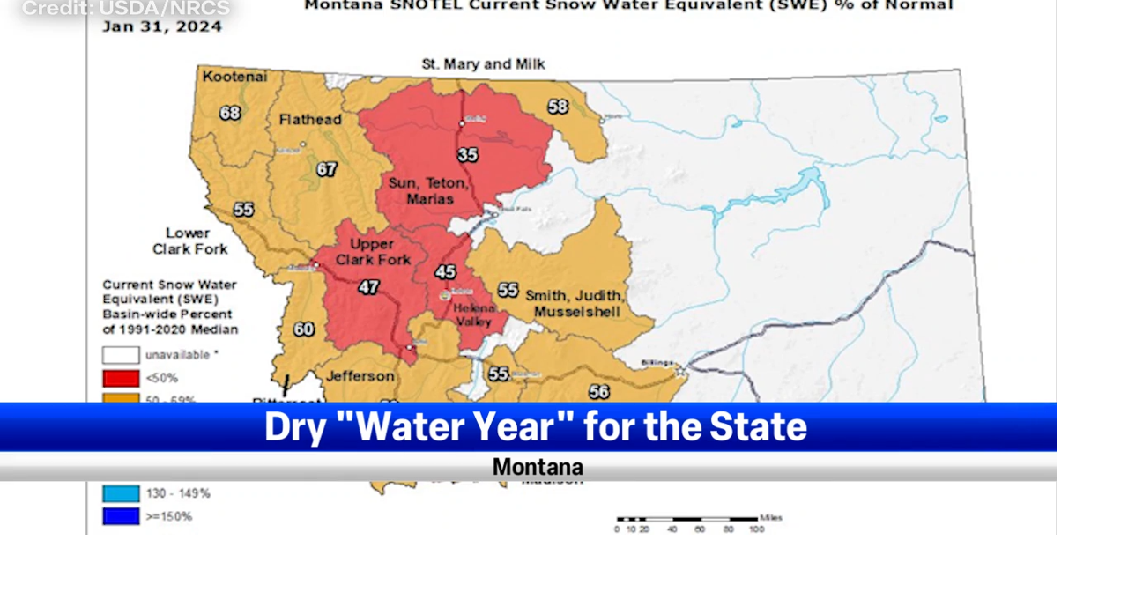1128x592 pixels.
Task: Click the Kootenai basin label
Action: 234,77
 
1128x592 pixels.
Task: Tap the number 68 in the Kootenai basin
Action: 230,113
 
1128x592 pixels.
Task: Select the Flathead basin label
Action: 310,120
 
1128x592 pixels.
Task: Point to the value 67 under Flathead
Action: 327,169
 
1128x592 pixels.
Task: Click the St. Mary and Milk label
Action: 483,64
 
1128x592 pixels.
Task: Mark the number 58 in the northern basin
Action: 558,107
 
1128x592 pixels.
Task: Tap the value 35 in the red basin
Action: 467,155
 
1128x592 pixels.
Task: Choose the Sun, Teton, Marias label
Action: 430,190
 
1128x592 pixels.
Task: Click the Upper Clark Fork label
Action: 373,251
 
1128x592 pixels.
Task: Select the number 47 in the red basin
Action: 368,287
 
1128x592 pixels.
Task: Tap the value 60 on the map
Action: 303,329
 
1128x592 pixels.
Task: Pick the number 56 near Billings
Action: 599,392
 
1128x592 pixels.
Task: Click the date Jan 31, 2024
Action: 162,26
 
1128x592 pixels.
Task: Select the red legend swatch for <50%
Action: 121,378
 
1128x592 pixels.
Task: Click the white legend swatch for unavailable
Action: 121,355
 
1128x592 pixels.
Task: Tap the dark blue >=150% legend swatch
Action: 121,516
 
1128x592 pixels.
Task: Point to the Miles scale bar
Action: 687,520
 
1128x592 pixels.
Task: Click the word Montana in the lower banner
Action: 538,467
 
